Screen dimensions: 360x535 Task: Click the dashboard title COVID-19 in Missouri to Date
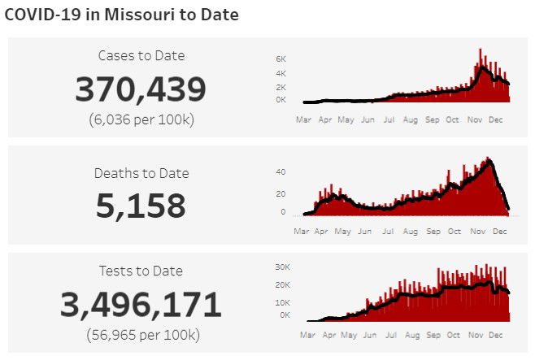122,15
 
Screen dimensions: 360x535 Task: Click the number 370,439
141,89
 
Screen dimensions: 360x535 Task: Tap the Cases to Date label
141,56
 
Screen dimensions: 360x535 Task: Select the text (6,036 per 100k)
141,119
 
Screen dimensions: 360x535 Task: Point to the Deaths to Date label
141,173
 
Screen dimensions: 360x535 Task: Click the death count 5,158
141,206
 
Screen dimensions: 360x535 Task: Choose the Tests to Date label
141,271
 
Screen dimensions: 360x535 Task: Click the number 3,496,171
141,305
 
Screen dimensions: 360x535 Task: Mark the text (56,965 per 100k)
141,334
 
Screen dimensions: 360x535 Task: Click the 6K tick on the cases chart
281,59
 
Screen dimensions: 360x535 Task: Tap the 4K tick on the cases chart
281,73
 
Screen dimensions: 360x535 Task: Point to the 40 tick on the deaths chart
281,172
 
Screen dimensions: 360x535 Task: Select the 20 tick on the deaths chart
281,193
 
